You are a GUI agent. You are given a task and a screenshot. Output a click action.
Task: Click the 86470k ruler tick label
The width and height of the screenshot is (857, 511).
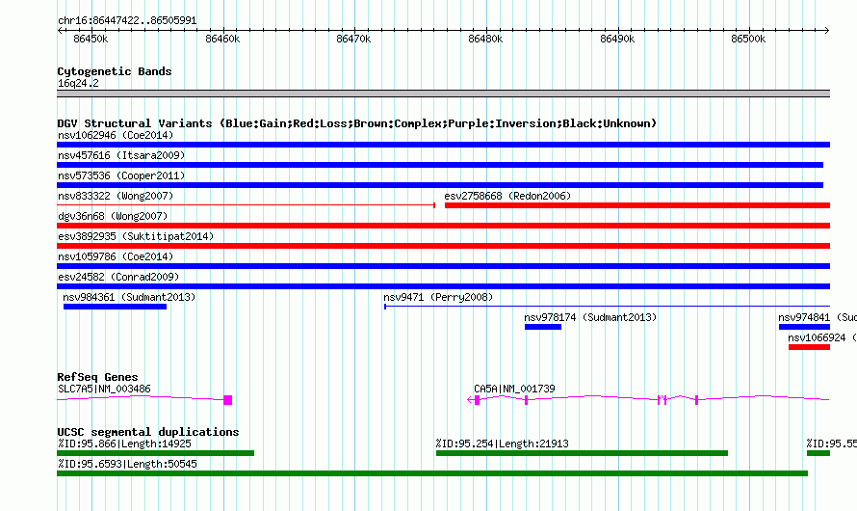[353, 39]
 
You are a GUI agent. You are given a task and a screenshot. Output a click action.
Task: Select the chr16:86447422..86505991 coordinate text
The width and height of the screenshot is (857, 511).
[127, 21]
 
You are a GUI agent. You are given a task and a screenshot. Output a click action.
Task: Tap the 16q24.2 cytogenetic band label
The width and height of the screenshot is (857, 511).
[78, 83]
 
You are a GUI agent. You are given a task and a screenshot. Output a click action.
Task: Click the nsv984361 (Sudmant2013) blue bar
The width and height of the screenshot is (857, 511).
[115, 307]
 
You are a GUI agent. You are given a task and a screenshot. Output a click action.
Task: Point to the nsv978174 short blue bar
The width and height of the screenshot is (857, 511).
[543, 327]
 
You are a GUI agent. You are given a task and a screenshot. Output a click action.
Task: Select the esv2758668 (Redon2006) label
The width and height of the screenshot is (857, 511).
[507, 196]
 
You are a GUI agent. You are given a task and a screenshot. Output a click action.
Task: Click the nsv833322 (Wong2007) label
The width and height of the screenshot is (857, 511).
[116, 196]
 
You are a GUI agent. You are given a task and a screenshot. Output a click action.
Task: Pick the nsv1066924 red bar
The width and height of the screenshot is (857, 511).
[809, 347]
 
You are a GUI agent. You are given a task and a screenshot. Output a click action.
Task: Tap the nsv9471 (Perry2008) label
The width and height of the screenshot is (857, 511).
[438, 297]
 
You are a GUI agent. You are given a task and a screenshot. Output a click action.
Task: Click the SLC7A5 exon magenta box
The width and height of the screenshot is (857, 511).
[228, 400]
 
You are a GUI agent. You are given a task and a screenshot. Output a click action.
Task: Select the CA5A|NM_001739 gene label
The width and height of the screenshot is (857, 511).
[514, 389]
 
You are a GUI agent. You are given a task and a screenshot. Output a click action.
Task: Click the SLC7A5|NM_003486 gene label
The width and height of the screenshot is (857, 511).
[104, 389]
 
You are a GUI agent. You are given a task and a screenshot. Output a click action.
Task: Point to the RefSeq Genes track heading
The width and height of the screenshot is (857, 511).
[97, 377]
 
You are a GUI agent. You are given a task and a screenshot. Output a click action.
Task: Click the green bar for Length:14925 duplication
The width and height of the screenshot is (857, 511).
[155, 453]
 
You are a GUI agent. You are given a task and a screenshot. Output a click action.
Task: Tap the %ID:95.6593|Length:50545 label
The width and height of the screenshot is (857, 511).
[127, 464]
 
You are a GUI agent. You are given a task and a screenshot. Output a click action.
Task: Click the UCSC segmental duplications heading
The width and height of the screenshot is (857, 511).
[148, 432]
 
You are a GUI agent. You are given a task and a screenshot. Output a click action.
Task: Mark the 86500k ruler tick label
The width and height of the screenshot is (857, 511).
[748, 39]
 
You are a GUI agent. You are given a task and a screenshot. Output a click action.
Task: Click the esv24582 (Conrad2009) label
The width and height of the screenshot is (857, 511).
[118, 277]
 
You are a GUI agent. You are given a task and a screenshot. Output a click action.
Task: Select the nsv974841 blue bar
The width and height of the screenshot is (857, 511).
[804, 327]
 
